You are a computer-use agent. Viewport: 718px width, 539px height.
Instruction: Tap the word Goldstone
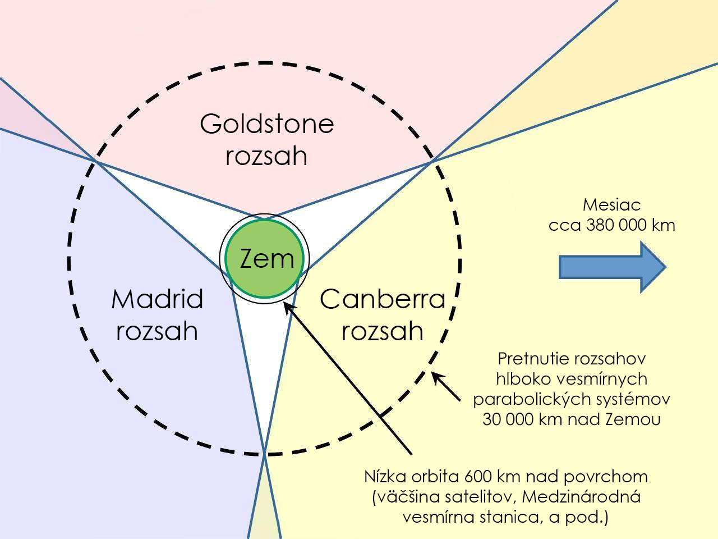266,124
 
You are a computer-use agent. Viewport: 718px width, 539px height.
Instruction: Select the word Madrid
157,300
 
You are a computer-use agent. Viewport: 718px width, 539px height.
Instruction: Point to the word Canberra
383,300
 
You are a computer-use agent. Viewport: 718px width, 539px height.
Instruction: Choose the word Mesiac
611,205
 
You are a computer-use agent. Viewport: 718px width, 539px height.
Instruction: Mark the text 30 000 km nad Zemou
571,419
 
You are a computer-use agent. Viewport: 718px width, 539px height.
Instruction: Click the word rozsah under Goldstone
266,156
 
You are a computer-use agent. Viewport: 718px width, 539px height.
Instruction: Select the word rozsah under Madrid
157,331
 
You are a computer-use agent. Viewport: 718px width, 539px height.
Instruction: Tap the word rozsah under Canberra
383,331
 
